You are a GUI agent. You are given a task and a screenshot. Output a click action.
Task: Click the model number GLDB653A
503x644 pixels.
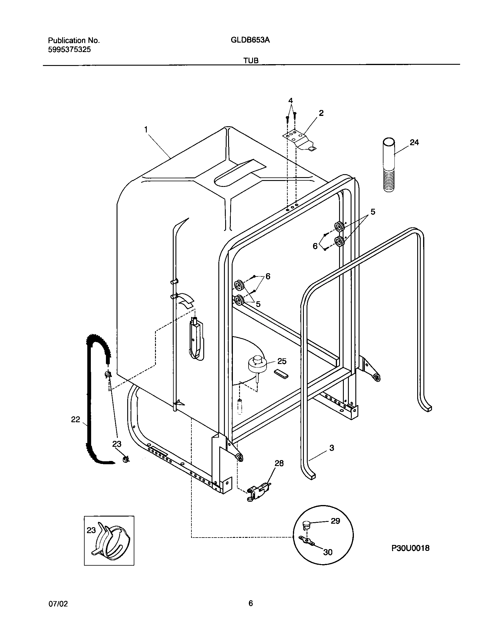[250, 40]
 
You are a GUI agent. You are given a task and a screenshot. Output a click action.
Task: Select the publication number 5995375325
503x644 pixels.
[69, 50]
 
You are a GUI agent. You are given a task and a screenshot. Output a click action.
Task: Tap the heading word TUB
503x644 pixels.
[251, 61]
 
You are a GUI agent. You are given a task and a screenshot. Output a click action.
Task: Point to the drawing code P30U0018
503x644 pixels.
[410, 548]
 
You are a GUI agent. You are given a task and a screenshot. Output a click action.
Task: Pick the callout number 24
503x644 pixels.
[414, 143]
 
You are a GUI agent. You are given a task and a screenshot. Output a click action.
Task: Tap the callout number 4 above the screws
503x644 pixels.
[291, 101]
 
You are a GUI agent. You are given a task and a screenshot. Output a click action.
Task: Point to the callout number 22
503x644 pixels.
[76, 419]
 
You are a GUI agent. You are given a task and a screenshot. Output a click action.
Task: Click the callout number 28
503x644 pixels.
[279, 463]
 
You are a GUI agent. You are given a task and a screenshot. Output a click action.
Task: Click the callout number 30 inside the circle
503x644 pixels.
[328, 552]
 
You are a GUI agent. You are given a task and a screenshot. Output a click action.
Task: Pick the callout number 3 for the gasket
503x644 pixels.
[331, 448]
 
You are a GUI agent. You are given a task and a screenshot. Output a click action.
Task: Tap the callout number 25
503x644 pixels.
[282, 361]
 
